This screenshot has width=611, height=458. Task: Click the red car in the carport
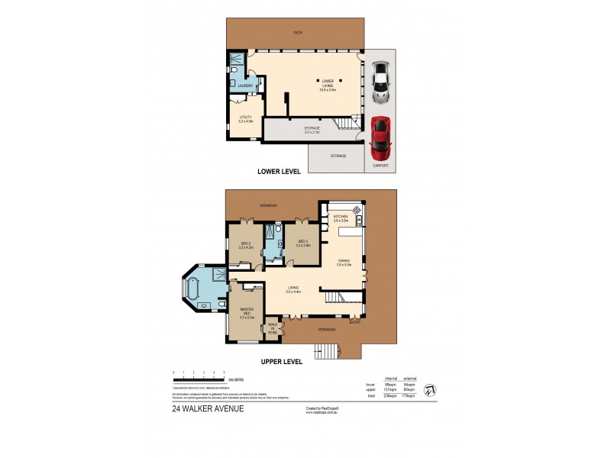(380, 135)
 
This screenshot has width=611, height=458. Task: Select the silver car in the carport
(380, 82)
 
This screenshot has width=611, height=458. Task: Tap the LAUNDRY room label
(244, 85)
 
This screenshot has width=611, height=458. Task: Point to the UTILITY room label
(244, 118)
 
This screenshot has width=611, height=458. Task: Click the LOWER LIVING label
(328, 86)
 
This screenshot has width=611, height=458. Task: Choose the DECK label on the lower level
(298, 32)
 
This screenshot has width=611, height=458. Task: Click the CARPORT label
(380, 166)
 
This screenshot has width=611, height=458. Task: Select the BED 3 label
(303, 244)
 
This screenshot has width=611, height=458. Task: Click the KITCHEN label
(341, 218)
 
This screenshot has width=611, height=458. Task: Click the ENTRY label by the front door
(354, 321)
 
